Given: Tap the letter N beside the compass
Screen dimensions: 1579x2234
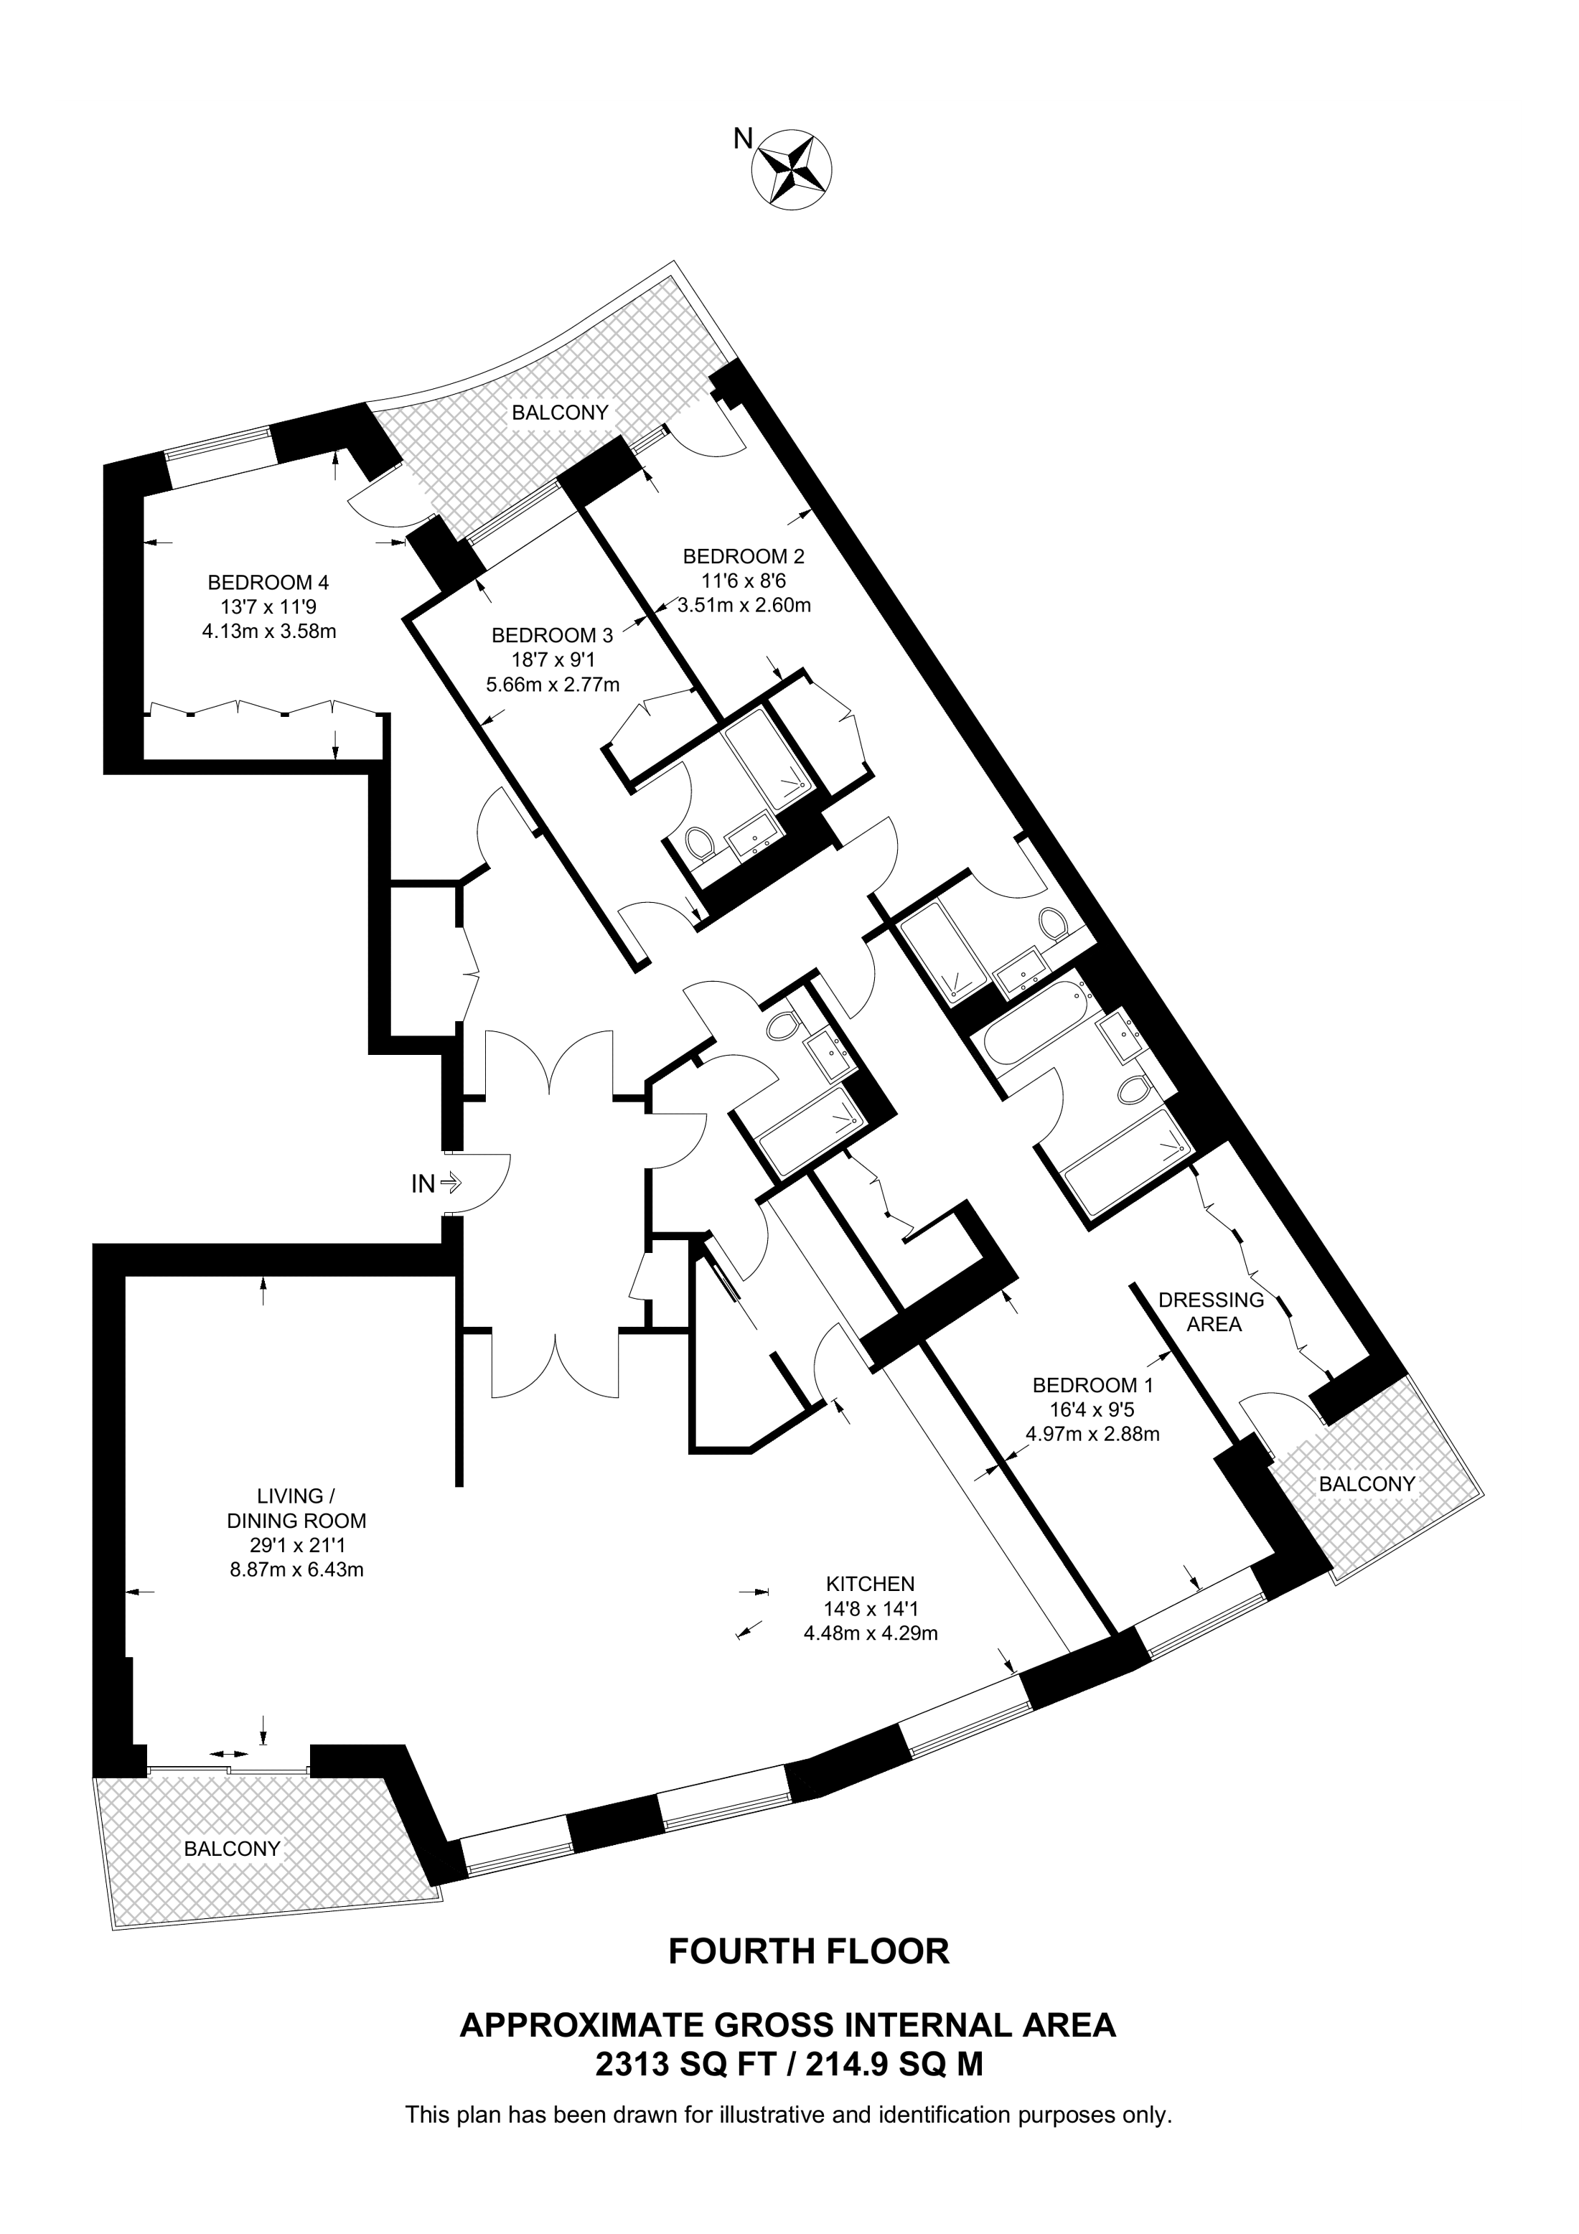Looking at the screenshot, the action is [x=742, y=139].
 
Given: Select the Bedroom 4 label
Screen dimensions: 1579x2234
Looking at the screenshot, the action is [x=268, y=583].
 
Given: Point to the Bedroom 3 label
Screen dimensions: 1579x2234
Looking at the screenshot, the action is [x=553, y=635].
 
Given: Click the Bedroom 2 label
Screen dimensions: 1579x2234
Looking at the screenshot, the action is [x=744, y=557].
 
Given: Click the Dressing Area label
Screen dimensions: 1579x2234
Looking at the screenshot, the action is [x=1212, y=1312].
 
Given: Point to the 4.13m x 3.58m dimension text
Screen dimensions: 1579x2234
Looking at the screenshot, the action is [x=268, y=632].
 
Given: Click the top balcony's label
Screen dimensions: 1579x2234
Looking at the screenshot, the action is [x=561, y=413].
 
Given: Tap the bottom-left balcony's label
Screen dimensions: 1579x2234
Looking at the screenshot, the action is [x=233, y=1849].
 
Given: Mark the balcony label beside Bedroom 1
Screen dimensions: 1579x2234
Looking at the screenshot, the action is [x=1367, y=1484].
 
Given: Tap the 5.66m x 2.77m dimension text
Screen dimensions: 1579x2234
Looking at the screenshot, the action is [x=553, y=684].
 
